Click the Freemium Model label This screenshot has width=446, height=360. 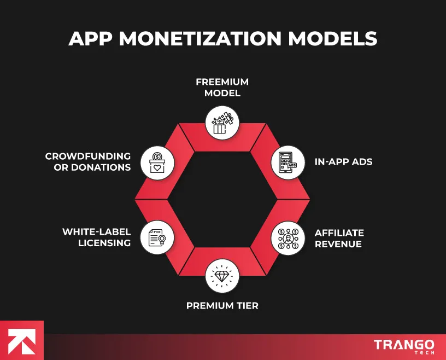(222, 87)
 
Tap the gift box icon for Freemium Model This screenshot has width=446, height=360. (222, 121)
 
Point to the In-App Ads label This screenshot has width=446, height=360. (343, 162)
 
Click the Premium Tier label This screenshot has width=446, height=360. (222, 305)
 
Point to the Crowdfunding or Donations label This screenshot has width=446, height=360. (88, 162)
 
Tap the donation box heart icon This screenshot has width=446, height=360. (157, 162)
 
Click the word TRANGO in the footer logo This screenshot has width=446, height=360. (404, 344)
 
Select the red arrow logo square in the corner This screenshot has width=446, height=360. (22, 340)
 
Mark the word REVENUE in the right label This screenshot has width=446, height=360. (338, 244)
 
